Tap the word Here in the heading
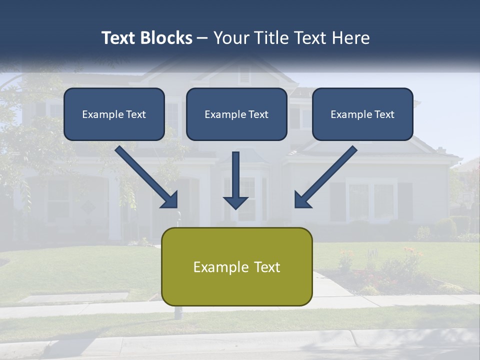pos(350,38)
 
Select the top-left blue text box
pos(114,114)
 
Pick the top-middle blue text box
pos(236,114)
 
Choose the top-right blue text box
pos(362,114)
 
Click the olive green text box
pos(236,267)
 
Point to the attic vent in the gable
pos(244,75)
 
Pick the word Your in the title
pos(227,38)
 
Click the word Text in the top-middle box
pos(257,114)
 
